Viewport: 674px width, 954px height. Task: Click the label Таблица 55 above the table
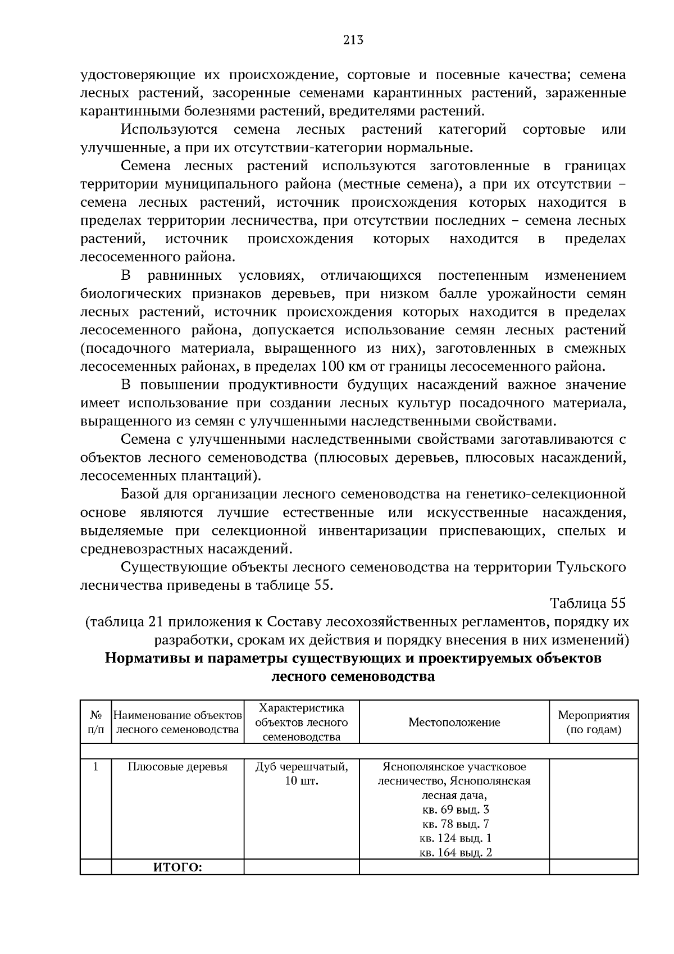(588, 603)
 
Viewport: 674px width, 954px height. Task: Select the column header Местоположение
(454, 723)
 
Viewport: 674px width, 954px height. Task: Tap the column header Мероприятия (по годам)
(594, 723)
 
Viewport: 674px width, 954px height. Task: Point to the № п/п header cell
(96, 723)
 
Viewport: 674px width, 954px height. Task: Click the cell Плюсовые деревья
(177, 767)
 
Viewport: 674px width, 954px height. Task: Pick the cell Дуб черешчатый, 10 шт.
(302, 774)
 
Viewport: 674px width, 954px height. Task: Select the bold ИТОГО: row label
(177, 868)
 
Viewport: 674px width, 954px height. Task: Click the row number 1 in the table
(96, 766)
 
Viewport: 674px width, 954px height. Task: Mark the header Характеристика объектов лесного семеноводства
(302, 723)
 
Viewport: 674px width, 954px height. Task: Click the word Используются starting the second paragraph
(169, 130)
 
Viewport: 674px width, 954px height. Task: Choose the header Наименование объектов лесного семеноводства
(177, 723)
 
